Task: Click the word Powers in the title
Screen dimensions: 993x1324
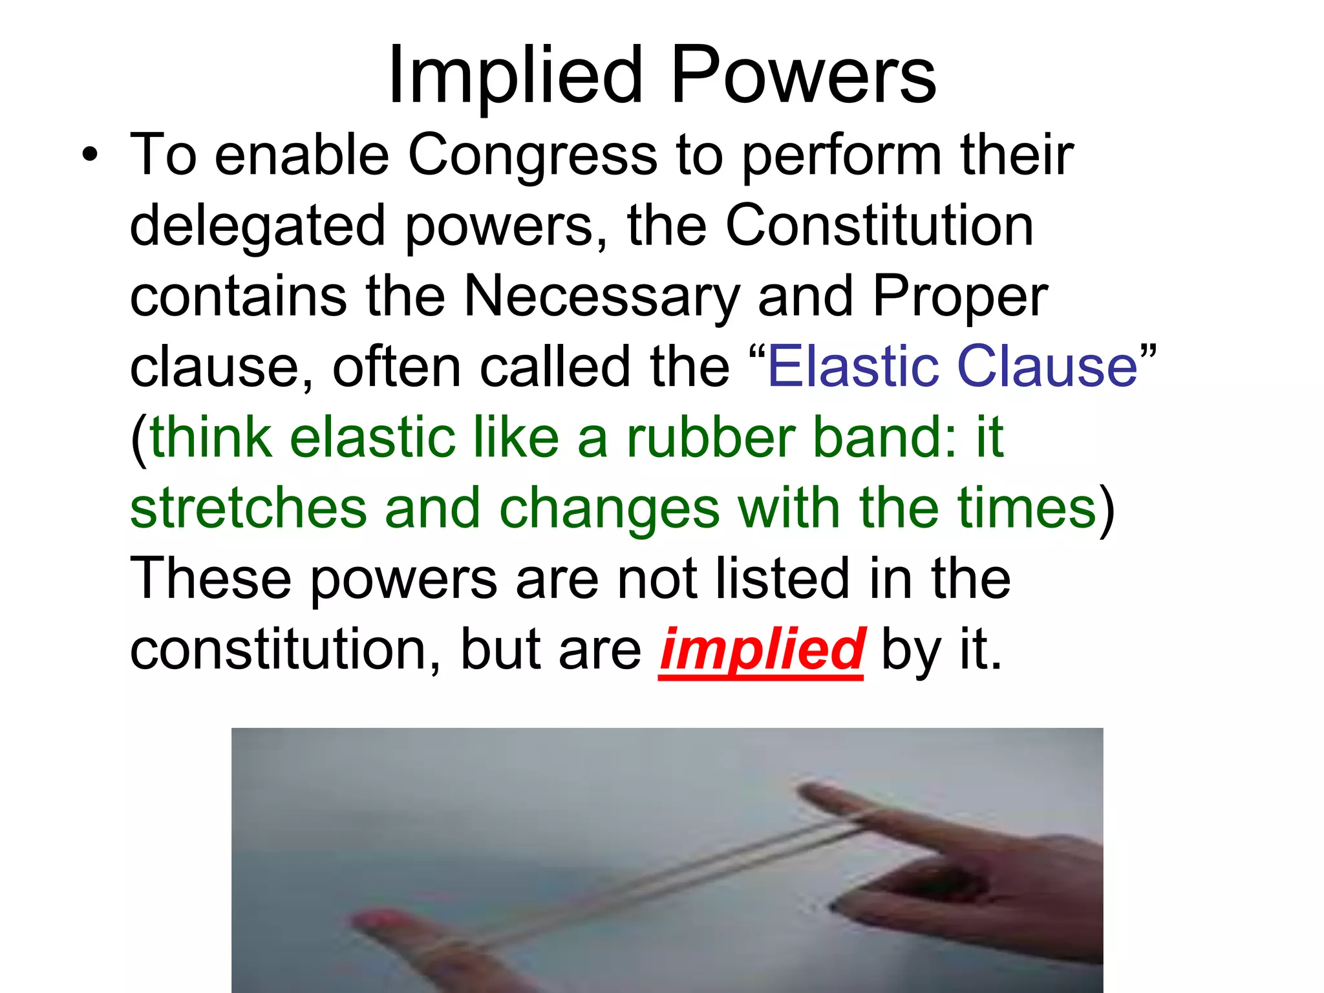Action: tap(804, 76)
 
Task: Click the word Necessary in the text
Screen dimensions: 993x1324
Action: tap(601, 297)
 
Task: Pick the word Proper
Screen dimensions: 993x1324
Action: tap(960, 297)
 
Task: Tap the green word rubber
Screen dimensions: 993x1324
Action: tap(710, 438)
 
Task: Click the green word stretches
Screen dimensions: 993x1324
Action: tap(248, 508)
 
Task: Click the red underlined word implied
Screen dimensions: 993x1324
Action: tap(762, 650)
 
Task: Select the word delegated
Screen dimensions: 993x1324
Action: tap(257, 227)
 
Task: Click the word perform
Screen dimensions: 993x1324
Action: tap(841, 157)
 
